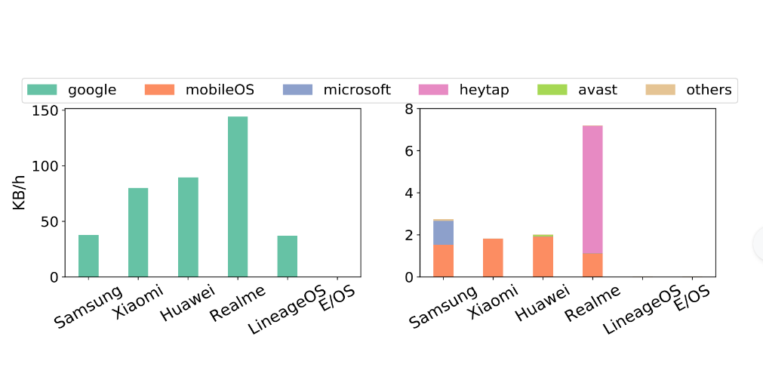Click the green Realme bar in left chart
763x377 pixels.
pyautogui.click(x=238, y=196)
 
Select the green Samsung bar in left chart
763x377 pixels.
pyautogui.click(x=88, y=255)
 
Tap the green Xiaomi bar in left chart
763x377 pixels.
pyautogui.click(x=138, y=232)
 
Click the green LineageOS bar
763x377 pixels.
pyautogui.click(x=287, y=256)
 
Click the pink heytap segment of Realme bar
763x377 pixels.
pyautogui.click(x=592, y=189)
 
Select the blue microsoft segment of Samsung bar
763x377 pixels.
pyautogui.click(x=443, y=232)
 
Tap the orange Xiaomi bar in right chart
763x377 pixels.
pyautogui.click(x=493, y=258)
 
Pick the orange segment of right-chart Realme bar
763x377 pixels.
pyautogui.click(x=592, y=264)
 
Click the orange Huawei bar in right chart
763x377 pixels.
pyautogui.click(x=543, y=257)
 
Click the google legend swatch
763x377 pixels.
pyautogui.click(x=42, y=90)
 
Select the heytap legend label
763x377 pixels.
pyautogui.click(x=484, y=90)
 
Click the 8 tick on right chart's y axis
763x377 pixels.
pyautogui.click(x=408, y=109)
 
